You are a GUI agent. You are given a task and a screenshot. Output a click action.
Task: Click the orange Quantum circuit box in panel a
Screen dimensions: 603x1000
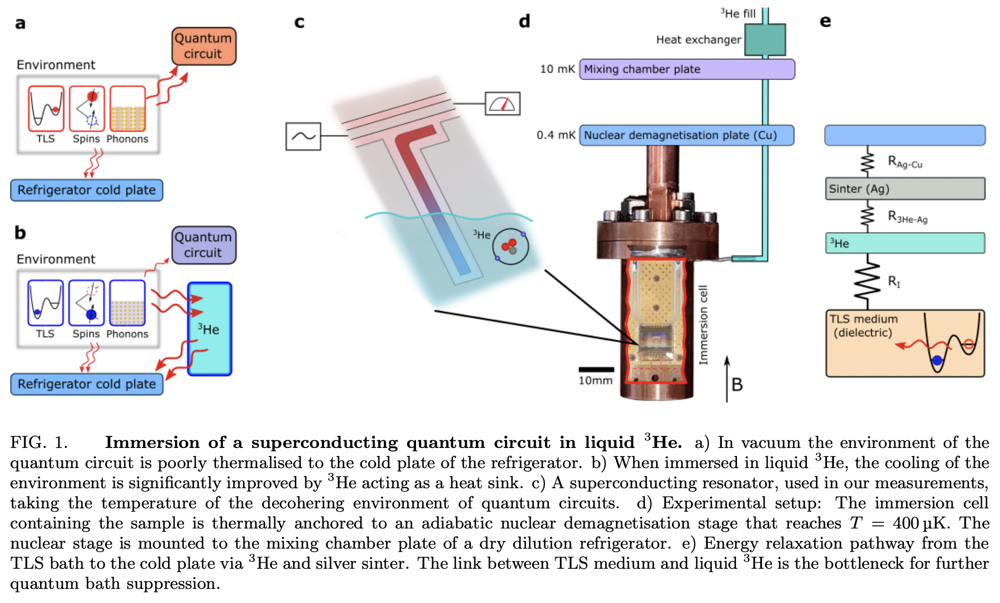(x=204, y=46)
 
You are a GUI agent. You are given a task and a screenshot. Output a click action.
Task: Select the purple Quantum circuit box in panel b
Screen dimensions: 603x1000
(x=204, y=245)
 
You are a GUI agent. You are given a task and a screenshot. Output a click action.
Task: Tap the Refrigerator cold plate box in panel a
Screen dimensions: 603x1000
(x=87, y=190)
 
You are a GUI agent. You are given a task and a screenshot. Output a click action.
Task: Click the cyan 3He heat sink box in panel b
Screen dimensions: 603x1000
(x=210, y=329)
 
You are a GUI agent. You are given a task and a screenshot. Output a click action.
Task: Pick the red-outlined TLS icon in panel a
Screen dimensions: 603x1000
(x=46, y=108)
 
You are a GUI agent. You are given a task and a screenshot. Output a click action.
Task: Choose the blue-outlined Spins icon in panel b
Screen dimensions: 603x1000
(x=87, y=303)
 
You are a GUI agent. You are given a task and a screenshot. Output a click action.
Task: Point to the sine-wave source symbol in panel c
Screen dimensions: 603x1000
(x=303, y=136)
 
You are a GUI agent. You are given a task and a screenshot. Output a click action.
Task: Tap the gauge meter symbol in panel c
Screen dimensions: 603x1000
(x=502, y=103)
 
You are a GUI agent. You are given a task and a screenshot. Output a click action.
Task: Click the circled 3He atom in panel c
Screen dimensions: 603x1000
(x=510, y=246)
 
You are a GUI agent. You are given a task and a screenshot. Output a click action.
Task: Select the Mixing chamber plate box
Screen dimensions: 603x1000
(x=687, y=69)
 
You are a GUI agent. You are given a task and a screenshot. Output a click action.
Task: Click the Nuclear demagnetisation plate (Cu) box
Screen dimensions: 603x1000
(x=687, y=135)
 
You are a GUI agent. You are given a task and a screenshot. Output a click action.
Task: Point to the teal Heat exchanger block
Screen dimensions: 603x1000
(x=765, y=39)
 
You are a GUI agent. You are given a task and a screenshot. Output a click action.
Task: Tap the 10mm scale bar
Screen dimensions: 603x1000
(x=596, y=369)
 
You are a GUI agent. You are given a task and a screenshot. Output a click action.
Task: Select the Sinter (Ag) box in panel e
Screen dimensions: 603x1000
(x=904, y=189)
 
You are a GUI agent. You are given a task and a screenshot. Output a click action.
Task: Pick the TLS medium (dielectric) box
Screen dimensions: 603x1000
(x=904, y=343)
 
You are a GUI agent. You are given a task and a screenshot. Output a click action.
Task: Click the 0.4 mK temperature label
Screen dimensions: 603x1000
(x=555, y=135)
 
